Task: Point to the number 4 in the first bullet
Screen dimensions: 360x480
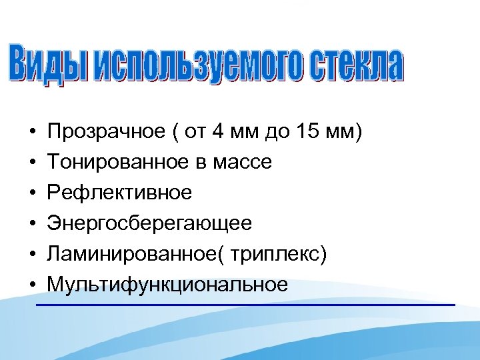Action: tap(217, 131)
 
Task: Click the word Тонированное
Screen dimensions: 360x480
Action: tap(109, 162)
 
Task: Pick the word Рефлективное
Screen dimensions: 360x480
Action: tap(119, 193)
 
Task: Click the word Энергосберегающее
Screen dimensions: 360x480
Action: tap(149, 224)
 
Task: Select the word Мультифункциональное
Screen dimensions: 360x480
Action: tap(167, 285)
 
